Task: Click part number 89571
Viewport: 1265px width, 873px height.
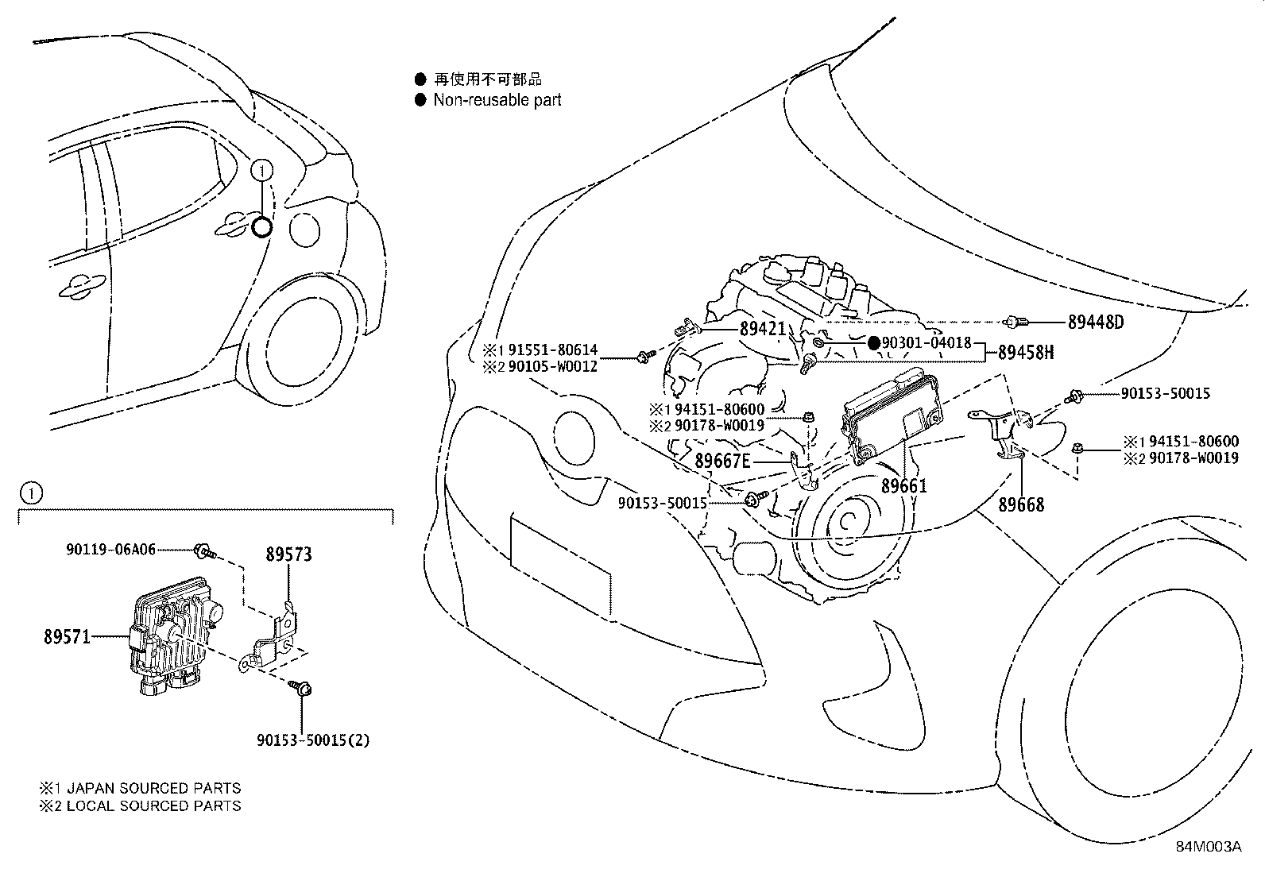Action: tap(67, 637)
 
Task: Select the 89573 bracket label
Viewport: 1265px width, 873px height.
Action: tap(288, 554)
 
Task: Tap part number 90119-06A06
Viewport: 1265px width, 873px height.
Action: tap(110, 549)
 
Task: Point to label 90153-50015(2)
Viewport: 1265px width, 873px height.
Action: tap(313, 740)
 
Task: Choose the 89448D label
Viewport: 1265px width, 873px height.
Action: tap(1096, 322)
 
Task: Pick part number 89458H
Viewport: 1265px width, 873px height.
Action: tap(1026, 352)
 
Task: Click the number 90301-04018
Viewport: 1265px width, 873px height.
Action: tap(927, 343)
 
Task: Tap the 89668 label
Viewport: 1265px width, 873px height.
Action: tap(1021, 504)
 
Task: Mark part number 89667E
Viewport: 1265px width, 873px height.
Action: tap(722, 461)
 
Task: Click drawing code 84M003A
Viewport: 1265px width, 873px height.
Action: tap(1209, 847)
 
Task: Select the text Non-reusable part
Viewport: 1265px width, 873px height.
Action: tap(497, 100)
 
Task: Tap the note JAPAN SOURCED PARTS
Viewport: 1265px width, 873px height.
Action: tap(153, 789)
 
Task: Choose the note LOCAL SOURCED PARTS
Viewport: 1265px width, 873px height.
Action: tap(153, 805)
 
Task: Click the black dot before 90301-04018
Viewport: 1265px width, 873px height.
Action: tap(873, 343)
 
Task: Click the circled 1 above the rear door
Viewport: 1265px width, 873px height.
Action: tap(262, 169)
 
